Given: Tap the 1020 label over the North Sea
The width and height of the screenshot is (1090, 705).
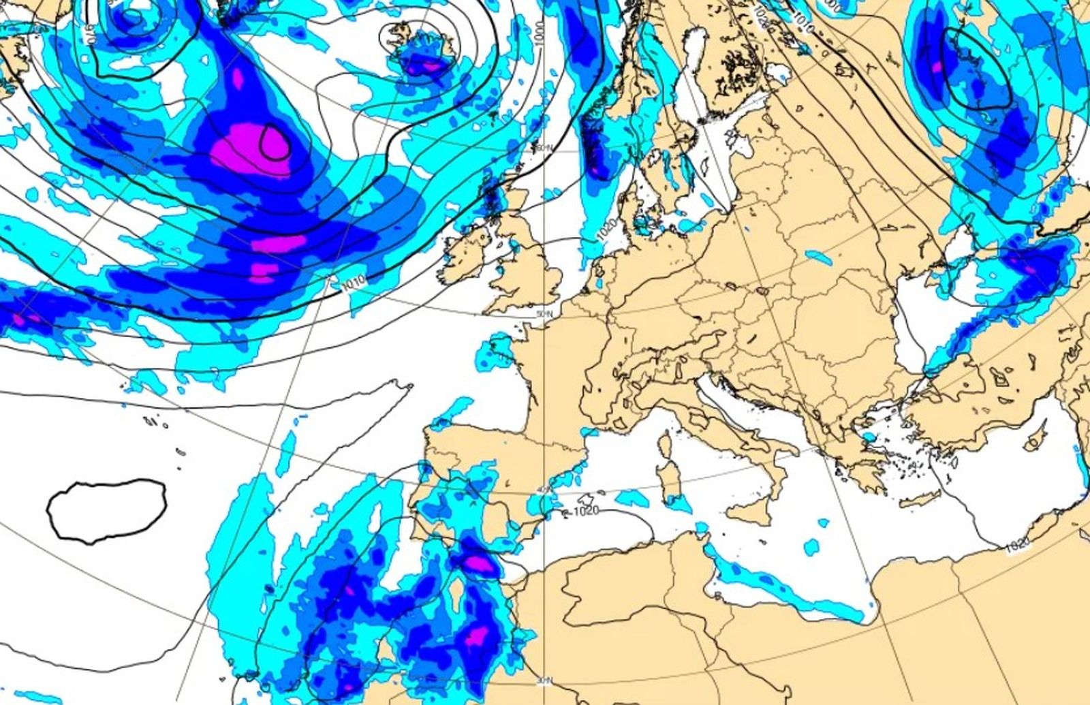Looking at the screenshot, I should [x=606, y=230].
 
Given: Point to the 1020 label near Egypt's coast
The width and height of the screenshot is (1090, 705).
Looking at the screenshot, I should [x=1016, y=543].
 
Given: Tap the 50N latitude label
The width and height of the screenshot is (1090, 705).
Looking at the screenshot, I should [x=542, y=313].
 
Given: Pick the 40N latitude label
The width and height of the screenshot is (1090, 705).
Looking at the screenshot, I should [x=542, y=490].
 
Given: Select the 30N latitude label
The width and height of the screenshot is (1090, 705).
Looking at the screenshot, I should [x=542, y=680].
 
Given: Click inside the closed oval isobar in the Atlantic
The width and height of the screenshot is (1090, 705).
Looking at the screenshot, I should [x=107, y=510].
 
